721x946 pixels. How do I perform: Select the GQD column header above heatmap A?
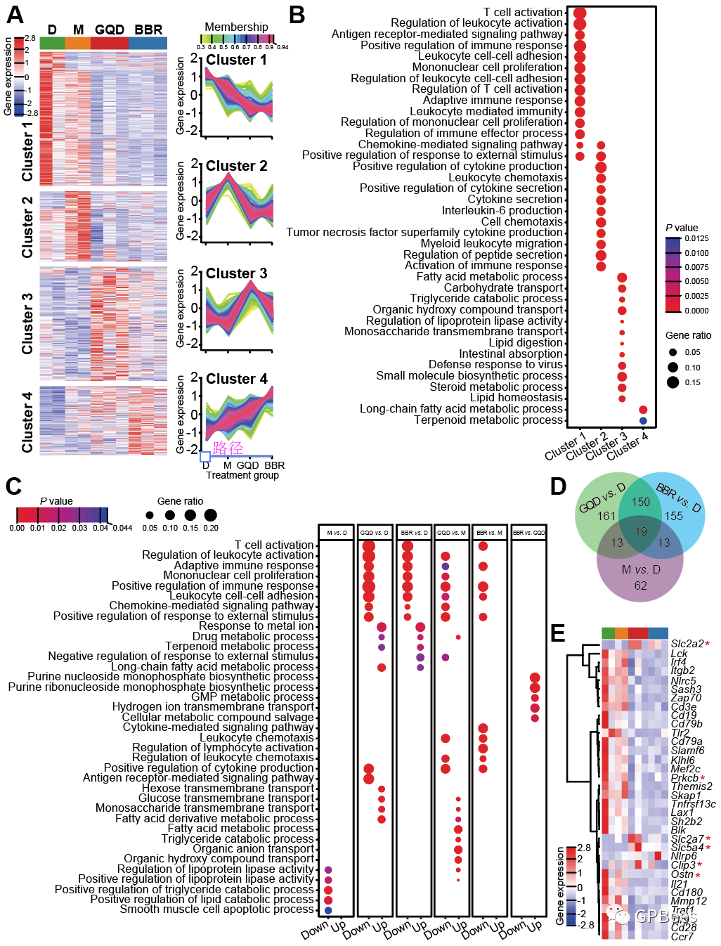[x=110, y=30]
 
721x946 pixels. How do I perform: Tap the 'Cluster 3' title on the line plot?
[x=236, y=273]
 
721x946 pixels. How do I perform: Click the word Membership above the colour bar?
[x=236, y=27]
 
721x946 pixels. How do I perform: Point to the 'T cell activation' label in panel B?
[x=523, y=12]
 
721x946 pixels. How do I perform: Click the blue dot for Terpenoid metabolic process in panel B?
[x=643, y=420]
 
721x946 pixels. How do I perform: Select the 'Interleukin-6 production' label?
[x=502, y=210]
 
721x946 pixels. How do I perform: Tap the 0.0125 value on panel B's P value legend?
[x=696, y=238]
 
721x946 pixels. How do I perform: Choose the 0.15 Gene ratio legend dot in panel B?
[x=673, y=382]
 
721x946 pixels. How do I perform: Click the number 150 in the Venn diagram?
[x=640, y=502]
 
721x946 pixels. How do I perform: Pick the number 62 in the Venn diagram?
[x=640, y=585]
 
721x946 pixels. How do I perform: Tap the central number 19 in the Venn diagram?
[x=640, y=532]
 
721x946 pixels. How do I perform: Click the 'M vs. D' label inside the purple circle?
[x=640, y=569]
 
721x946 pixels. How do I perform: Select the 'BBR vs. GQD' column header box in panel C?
[x=528, y=533]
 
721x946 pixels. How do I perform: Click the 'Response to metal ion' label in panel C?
[x=256, y=626]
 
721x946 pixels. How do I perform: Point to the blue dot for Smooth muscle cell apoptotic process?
[x=328, y=910]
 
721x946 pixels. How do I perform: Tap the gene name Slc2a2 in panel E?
[x=687, y=644]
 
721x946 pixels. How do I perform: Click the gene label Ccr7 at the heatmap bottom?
[x=682, y=936]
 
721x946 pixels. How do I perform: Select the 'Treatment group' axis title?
[x=242, y=475]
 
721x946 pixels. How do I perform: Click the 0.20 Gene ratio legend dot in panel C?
[x=210, y=515]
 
